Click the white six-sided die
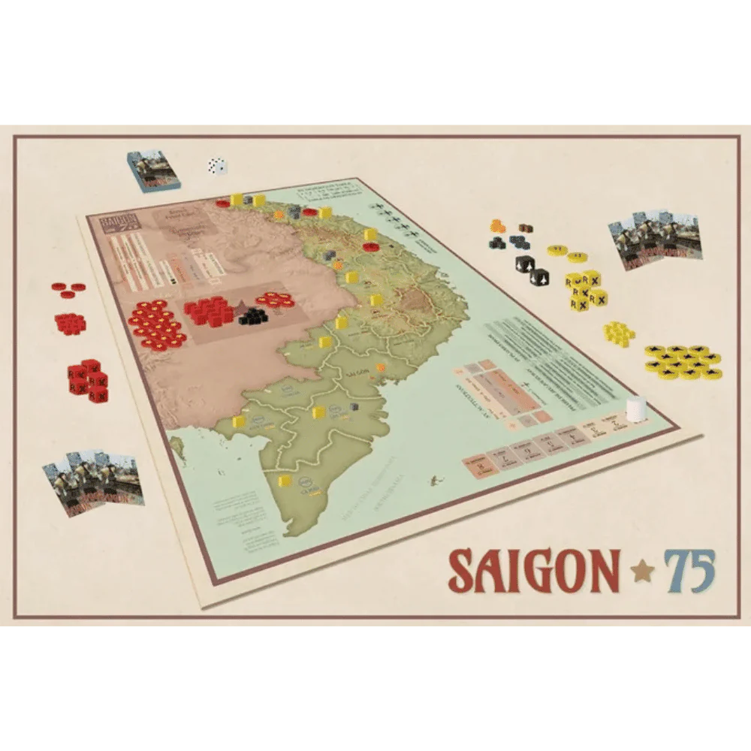(218, 166)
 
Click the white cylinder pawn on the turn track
(637, 409)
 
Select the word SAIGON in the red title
(534, 572)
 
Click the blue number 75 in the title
(688, 571)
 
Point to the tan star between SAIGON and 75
(641, 573)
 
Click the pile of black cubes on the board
(253, 315)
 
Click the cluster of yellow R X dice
(585, 291)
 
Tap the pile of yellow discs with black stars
(682, 361)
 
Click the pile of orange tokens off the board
(499, 225)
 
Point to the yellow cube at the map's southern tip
(285, 481)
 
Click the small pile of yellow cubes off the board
(619, 332)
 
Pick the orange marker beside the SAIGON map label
(381, 367)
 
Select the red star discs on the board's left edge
(155, 324)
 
